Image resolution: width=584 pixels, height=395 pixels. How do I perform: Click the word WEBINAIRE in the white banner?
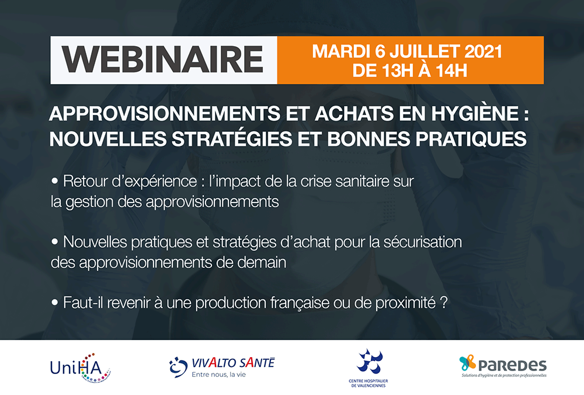163,60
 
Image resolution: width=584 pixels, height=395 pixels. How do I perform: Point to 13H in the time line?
399,71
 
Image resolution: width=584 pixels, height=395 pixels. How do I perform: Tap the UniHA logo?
81,367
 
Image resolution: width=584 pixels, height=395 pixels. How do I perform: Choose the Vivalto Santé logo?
221,366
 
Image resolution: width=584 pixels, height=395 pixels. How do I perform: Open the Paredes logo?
503,367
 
